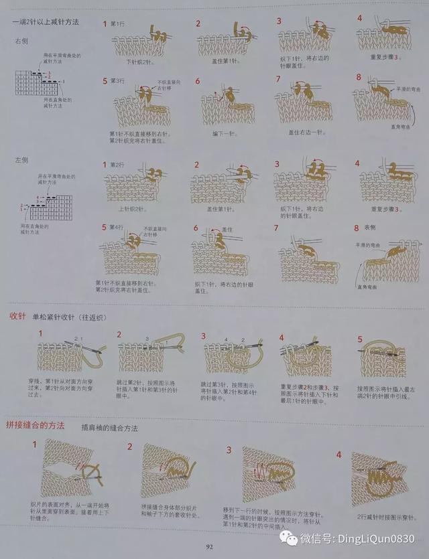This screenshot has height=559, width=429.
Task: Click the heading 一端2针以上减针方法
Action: tap(46, 22)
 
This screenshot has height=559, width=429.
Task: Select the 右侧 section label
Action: tap(22, 41)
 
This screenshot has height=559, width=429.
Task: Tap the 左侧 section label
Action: tap(21, 161)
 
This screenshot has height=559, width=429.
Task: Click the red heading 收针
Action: tap(17, 315)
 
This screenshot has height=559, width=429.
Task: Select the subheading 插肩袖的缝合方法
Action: tap(108, 426)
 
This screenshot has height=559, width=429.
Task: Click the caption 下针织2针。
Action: tap(140, 62)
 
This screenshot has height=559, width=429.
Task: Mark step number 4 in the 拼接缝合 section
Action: tap(339, 455)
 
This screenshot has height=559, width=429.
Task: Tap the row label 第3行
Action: tap(117, 82)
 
